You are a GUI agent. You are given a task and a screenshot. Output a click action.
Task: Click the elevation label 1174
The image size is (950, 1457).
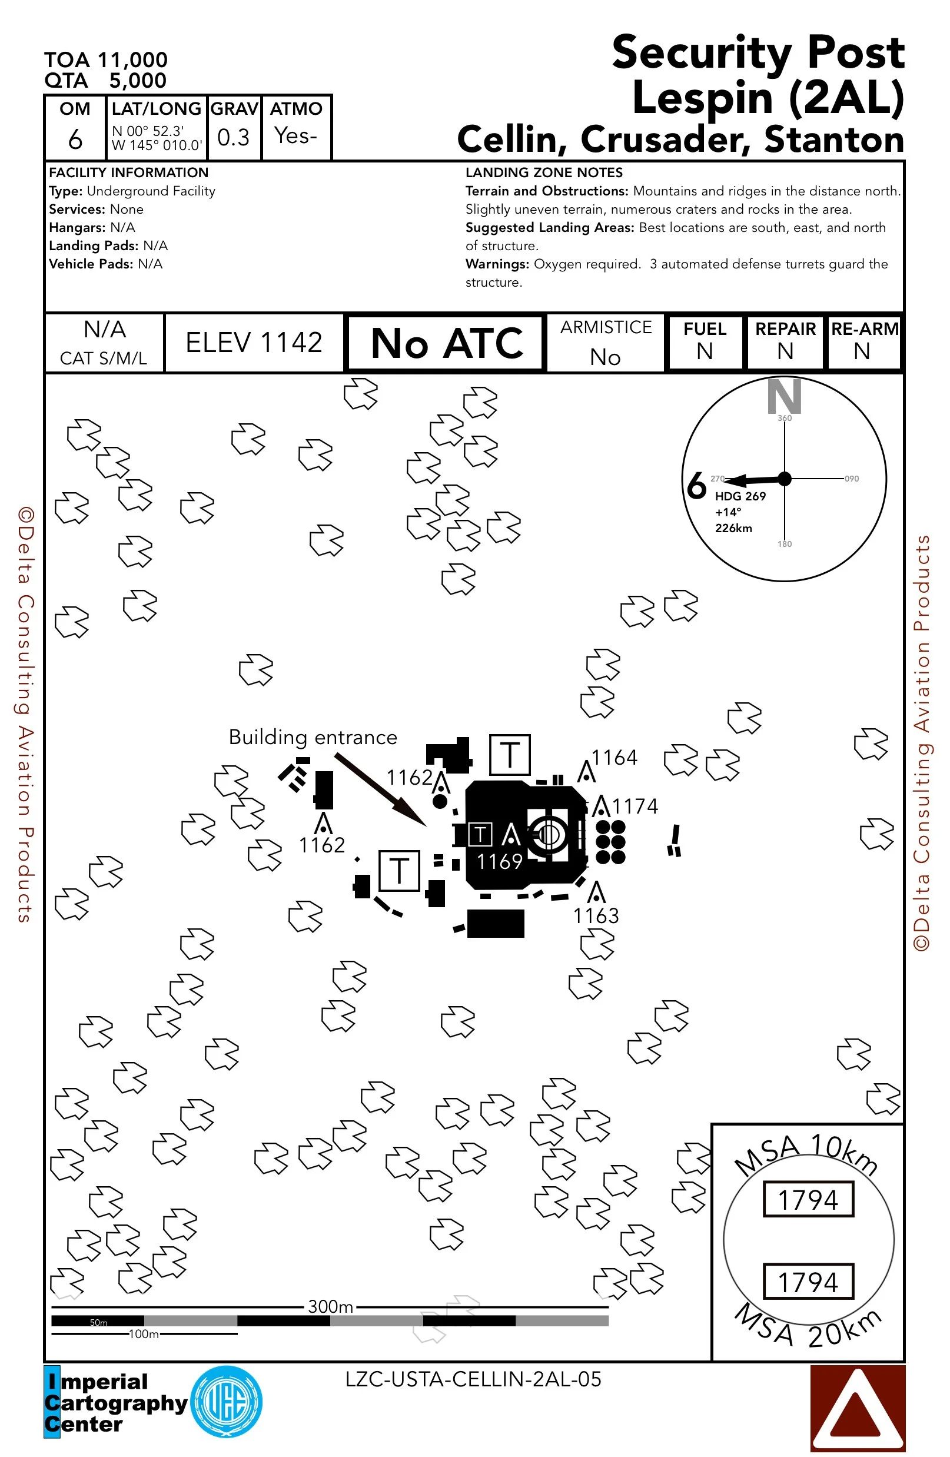[x=635, y=807]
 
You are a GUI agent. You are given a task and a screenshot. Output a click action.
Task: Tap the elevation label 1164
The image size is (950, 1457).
[x=614, y=758]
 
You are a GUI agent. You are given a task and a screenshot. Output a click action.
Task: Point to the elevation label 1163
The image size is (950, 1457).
[x=596, y=916]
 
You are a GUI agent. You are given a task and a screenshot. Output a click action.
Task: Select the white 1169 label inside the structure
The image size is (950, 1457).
[x=500, y=861]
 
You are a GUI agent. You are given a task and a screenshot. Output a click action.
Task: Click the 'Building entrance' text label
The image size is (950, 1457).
[x=313, y=737]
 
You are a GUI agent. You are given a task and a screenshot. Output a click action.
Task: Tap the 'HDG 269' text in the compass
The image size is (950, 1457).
[x=740, y=496]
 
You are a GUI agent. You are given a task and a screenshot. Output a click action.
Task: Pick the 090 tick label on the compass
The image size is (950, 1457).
[x=852, y=479]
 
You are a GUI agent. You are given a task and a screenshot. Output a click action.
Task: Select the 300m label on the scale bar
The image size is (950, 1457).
[x=330, y=1307]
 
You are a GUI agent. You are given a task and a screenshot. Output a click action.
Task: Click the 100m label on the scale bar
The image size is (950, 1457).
[x=144, y=1334]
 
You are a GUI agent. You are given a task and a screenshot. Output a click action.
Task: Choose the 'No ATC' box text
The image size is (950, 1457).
[x=446, y=343]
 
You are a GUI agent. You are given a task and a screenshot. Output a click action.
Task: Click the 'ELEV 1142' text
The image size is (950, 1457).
[x=254, y=342]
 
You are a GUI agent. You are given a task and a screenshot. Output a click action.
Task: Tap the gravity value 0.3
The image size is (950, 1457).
[x=233, y=137]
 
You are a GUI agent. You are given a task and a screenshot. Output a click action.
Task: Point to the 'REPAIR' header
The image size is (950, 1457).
[x=785, y=328]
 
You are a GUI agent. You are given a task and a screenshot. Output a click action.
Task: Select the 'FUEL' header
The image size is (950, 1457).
[x=705, y=328]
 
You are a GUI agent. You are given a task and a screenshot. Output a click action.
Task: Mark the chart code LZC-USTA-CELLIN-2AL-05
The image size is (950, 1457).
[x=473, y=1379]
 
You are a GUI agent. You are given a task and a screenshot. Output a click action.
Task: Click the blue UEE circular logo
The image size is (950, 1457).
[x=227, y=1401]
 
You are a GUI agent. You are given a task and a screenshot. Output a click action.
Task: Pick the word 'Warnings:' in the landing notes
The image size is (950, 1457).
[x=497, y=264]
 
